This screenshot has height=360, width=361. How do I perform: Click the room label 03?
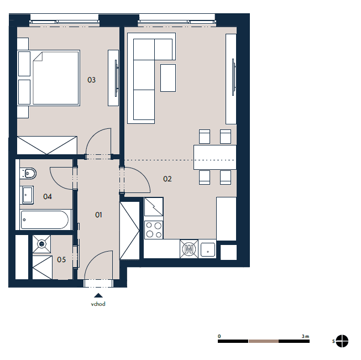coord(91,80)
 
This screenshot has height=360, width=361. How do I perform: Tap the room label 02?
coord(168,179)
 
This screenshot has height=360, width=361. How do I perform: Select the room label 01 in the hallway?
coord(98,215)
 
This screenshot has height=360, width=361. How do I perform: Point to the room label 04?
coord(48,196)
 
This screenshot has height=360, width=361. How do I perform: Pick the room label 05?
coord(61,259)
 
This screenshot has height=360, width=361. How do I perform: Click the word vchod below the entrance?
coord(98,304)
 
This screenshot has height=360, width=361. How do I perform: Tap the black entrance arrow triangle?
coord(98,295)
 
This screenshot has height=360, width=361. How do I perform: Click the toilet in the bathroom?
coord(28,174)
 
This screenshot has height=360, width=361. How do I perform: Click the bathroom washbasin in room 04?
coord(27,195)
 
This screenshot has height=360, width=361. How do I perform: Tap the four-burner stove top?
coord(154,230)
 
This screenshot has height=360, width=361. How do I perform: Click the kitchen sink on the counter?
coord(207,249)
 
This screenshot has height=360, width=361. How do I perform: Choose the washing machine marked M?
coord(189,249)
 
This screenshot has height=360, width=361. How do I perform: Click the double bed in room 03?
coord(56,78)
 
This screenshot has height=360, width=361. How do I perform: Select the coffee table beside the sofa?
coord(168,78)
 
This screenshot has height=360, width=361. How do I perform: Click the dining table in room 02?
coord(215,157)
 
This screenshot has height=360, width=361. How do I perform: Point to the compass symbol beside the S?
coord(342,341)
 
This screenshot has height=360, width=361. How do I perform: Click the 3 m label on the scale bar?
coord(305,336)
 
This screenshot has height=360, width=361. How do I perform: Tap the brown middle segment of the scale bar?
coord(263,341)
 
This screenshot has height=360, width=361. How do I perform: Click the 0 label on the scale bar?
coord(219,336)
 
